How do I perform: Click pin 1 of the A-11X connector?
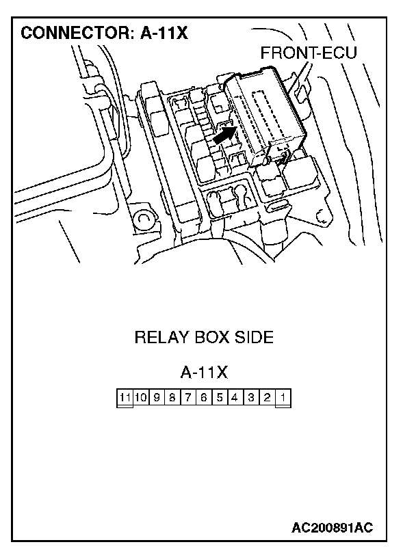[x=283, y=397]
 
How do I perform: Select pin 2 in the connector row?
[x=268, y=397]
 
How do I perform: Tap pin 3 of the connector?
[x=251, y=397]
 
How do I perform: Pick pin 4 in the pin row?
[x=235, y=397]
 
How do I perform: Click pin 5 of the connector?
[x=220, y=397]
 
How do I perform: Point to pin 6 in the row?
[x=204, y=397]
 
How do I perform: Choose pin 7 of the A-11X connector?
[x=188, y=397]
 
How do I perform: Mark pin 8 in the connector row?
[x=172, y=397]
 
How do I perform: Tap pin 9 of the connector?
[x=157, y=397]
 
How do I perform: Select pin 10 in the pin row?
[x=141, y=397]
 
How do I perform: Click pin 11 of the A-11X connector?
[x=125, y=397]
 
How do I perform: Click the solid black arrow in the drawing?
[x=224, y=135]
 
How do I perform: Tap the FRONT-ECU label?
[x=309, y=53]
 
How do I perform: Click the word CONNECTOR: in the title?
[x=76, y=33]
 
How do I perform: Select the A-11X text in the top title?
[x=164, y=33]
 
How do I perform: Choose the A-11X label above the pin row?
[x=204, y=372]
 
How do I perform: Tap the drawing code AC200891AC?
[x=332, y=528]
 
